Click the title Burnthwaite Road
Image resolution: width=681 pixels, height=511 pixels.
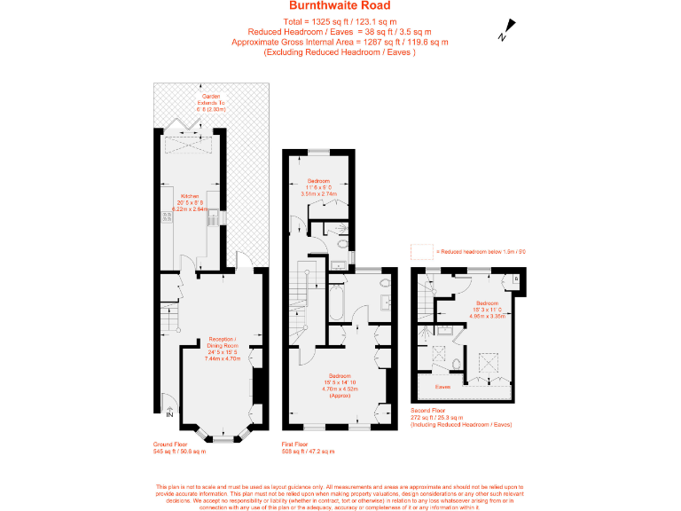tap(340, 6)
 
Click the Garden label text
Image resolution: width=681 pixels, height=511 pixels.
tap(210, 97)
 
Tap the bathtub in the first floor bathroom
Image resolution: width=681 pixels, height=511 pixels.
tap(338, 303)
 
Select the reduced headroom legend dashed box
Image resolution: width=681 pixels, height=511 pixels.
tap(420, 252)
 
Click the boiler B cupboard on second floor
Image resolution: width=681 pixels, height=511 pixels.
tap(517, 280)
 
